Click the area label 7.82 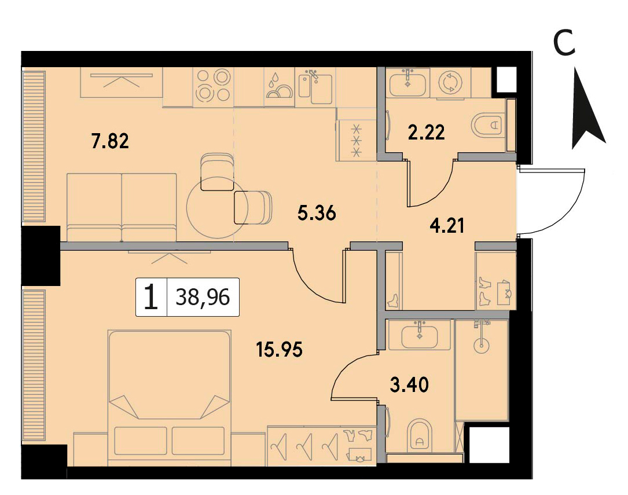tap(110, 142)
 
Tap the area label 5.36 tap(317, 213)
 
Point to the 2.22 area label tap(426, 133)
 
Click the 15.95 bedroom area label tap(280, 349)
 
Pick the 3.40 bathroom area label tap(409, 385)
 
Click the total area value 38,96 tap(203, 297)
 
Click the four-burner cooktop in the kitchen tap(213, 86)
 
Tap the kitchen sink tap(315, 86)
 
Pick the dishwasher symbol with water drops tap(279, 86)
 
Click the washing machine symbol tap(450, 83)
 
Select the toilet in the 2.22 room tap(489, 125)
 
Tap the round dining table tap(218, 207)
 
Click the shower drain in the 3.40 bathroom tap(481, 345)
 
